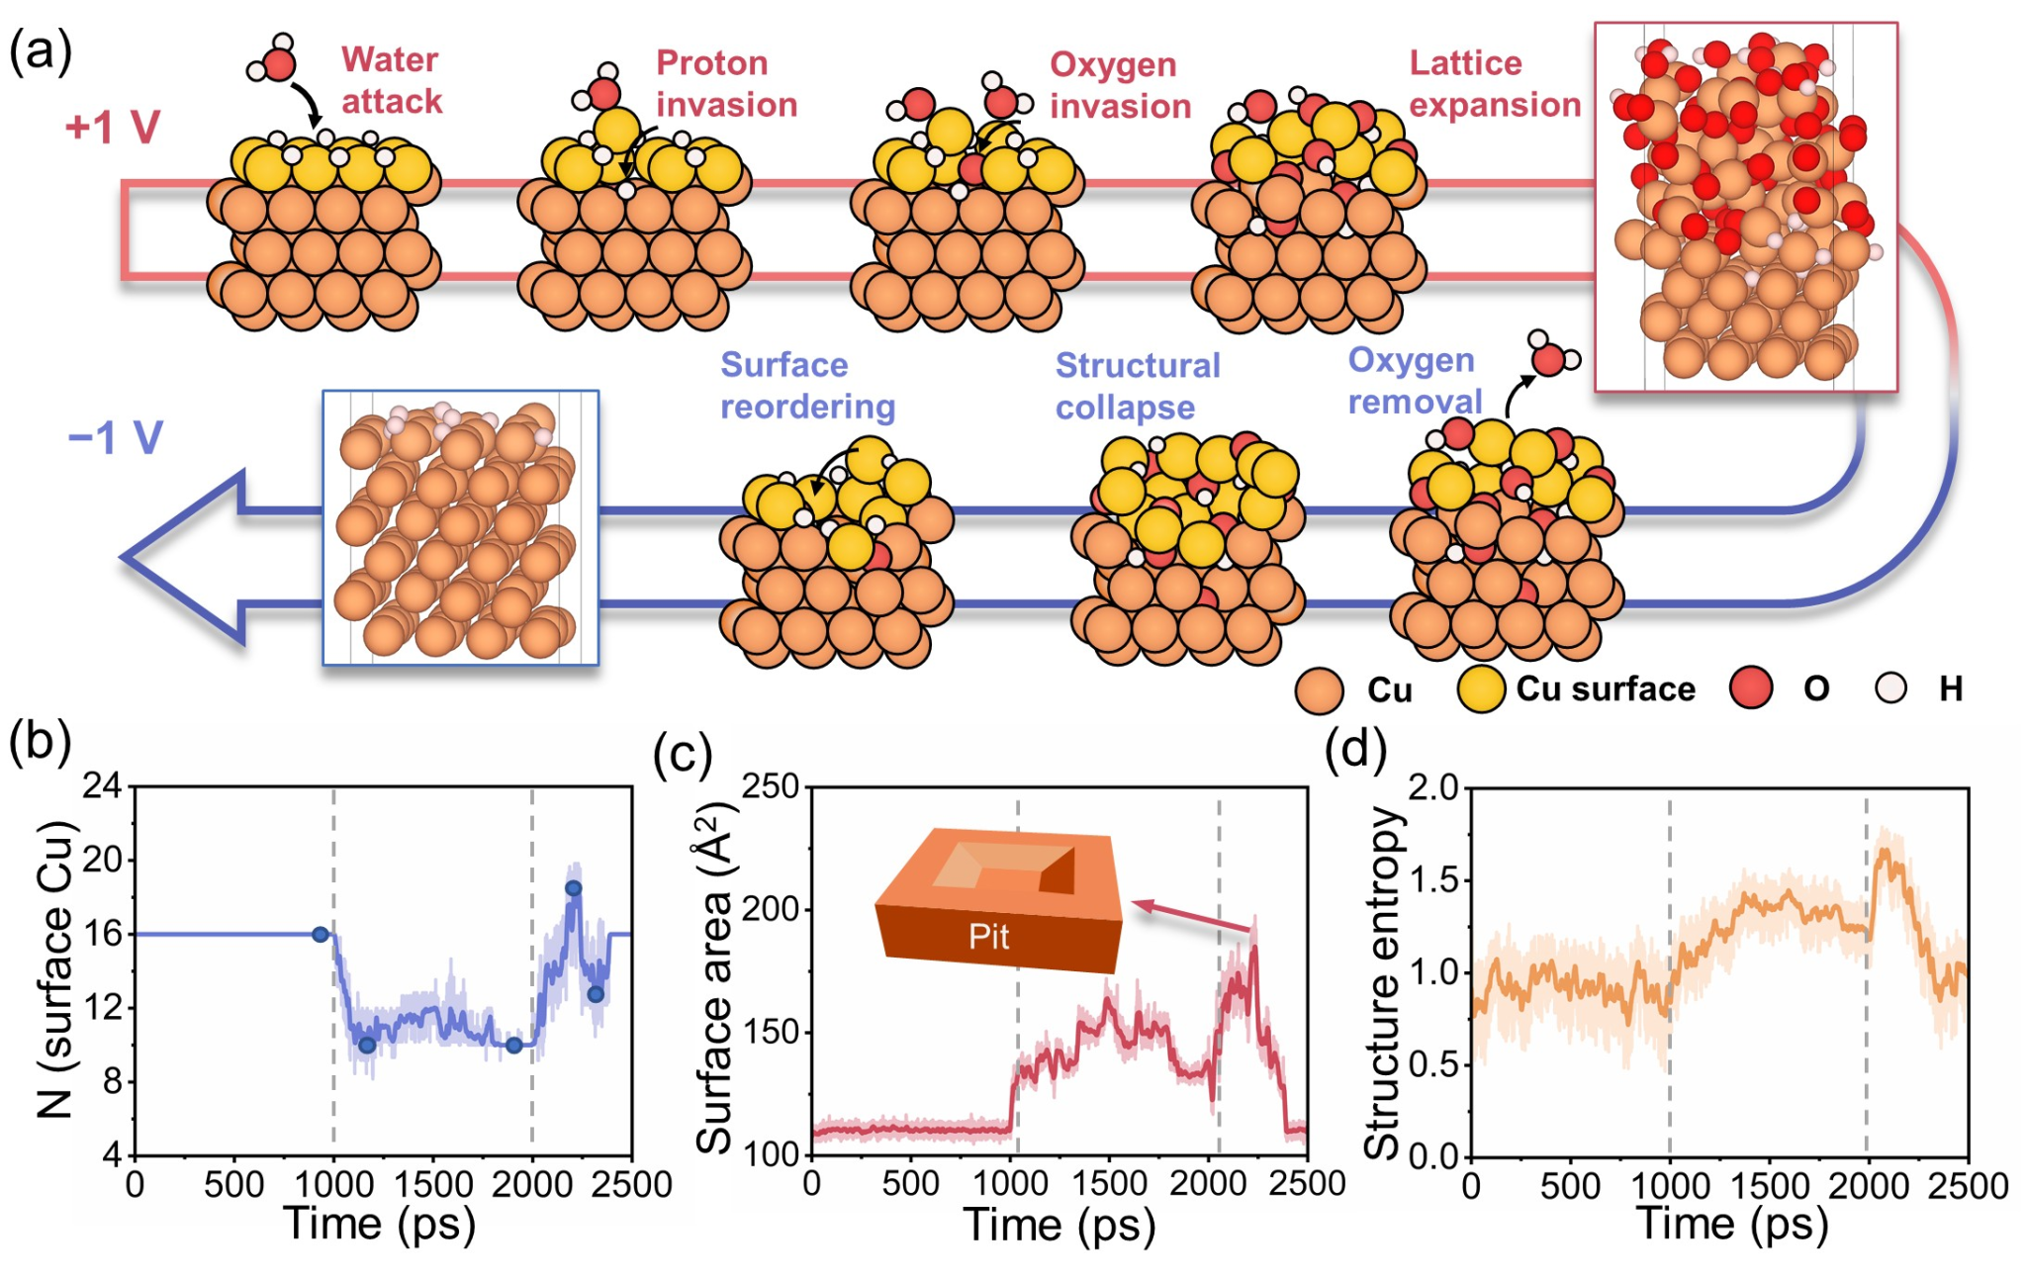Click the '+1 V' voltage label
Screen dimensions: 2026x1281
pyautogui.click(x=113, y=128)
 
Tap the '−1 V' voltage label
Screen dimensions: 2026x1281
pyautogui.click(x=115, y=437)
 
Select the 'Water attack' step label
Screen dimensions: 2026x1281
pyautogui.click(x=392, y=80)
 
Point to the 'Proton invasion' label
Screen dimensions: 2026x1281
pyautogui.click(x=726, y=83)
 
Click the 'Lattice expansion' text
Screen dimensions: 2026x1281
pyautogui.click(x=1495, y=83)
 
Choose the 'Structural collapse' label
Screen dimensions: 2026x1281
pyautogui.click(x=1138, y=386)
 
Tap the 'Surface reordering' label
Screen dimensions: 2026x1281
pyautogui.click(x=807, y=386)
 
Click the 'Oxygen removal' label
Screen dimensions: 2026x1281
pyautogui.click(x=1415, y=381)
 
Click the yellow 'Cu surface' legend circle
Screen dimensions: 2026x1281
pyautogui.click(x=1481, y=688)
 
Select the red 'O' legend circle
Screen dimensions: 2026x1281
pyautogui.click(x=1750, y=688)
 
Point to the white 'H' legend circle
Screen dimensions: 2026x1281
pyautogui.click(x=1890, y=688)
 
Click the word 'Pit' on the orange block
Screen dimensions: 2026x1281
pyautogui.click(x=988, y=936)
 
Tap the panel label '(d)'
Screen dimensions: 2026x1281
pyautogui.click(x=1355, y=749)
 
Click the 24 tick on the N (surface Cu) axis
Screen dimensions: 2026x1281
pyautogui.click(x=102, y=786)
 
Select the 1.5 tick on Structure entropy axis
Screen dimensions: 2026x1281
pyautogui.click(x=1431, y=879)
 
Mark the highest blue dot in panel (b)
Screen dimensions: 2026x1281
pyautogui.click(x=573, y=888)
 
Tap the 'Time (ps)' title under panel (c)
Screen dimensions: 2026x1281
pyautogui.click(x=1059, y=1225)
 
